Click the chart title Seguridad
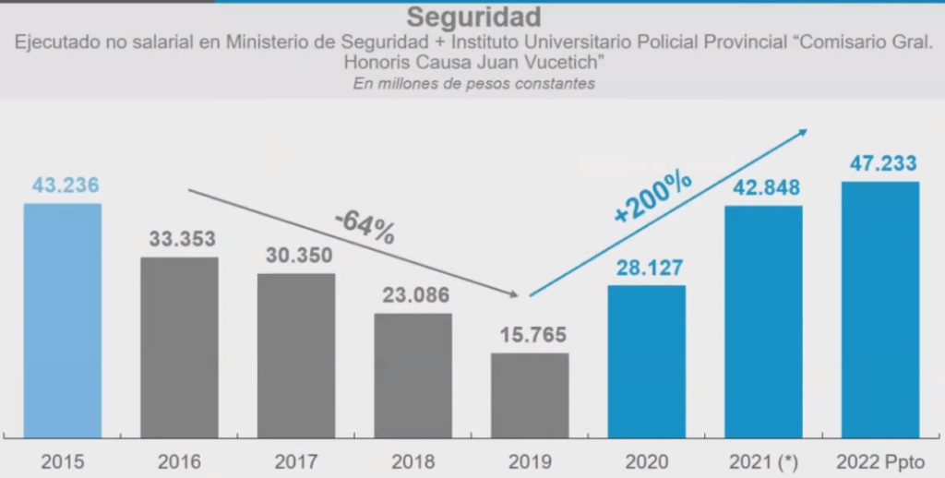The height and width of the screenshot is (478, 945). tap(473, 18)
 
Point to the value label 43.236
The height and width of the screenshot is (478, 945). tap(66, 185)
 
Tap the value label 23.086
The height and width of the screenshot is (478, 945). tap(413, 296)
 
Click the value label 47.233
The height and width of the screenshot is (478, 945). tap(880, 164)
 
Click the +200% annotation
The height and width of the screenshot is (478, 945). tap(652, 196)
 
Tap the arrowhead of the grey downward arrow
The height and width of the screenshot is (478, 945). tap(514, 294)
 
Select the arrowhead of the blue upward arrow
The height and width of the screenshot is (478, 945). tap(803, 132)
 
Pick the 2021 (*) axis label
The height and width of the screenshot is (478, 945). tap(763, 460)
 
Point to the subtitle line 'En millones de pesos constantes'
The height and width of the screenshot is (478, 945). tap(473, 83)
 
